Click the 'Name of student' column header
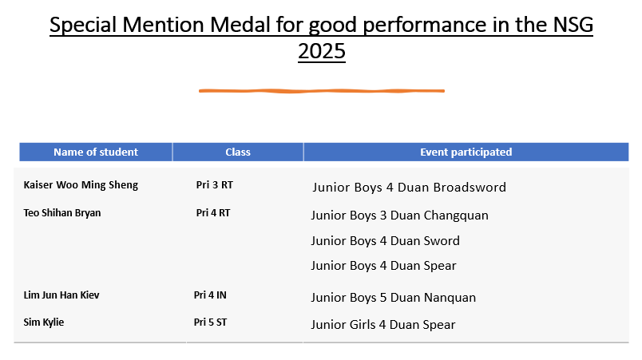tap(96, 152)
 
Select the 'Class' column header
tap(238, 152)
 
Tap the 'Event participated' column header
tap(466, 152)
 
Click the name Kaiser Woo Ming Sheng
tap(81, 185)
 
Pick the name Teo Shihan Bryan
tap(61, 212)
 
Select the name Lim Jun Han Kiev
tap(61, 295)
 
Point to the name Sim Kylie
tap(43, 322)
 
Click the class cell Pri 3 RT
tap(215, 185)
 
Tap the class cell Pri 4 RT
tap(213, 212)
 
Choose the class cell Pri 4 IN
tap(210, 295)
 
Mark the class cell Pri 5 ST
tap(210, 322)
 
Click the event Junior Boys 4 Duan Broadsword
tap(410, 188)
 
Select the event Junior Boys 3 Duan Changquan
tap(399, 216)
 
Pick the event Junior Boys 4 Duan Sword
tap(386, 241)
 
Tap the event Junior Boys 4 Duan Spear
tap(383, 266)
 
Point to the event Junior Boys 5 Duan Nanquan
tap(394, 298)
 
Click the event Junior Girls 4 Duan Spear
tap(383, 325)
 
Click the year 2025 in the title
tap(322, 52)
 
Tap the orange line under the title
tap(322, 91)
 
